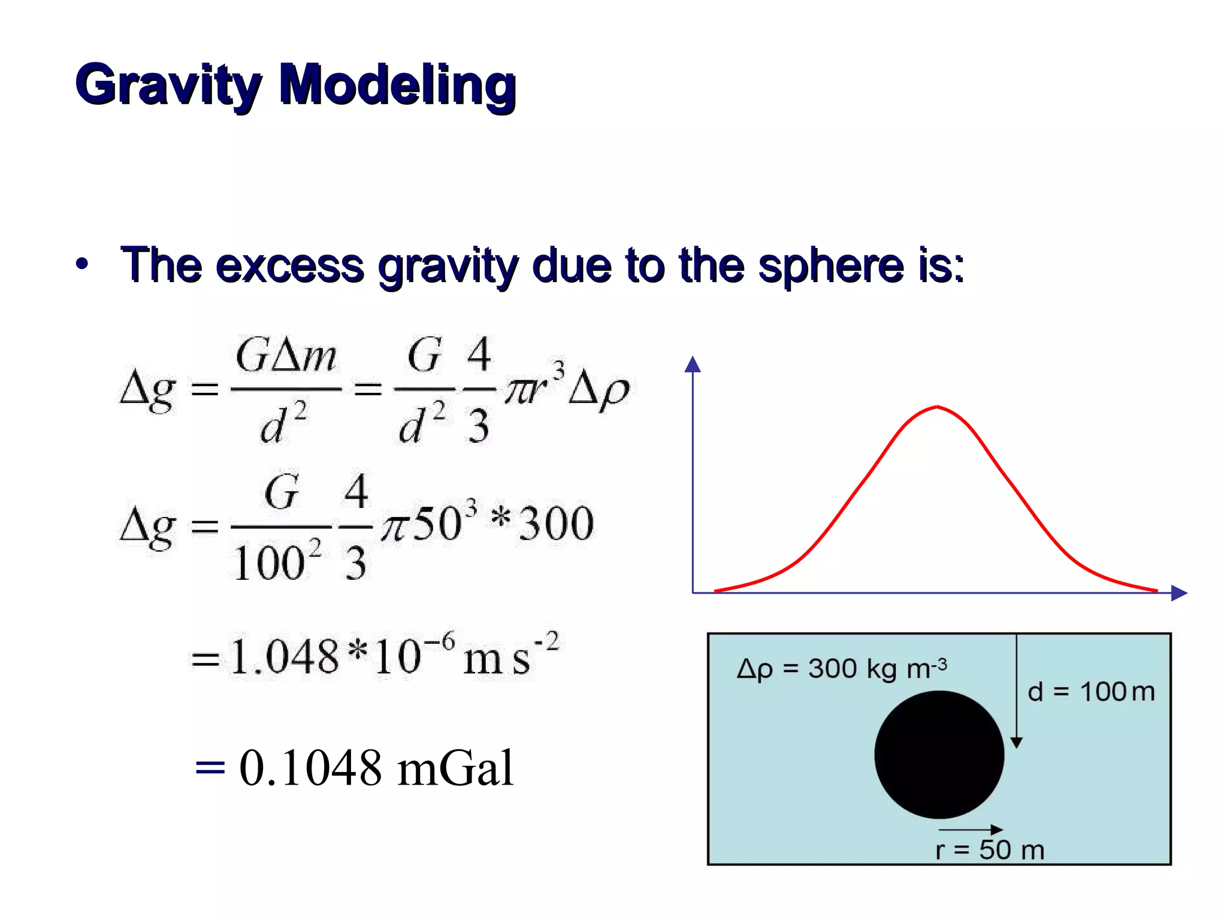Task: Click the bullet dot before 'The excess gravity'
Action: tap(82, 264)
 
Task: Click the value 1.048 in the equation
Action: tap(284, 657)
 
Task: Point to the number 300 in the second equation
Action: tap(556, 524)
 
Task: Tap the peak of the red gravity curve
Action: tap(937, 407)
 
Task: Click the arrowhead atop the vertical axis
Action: tap(693, 364)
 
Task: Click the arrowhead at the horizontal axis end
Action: tap(1178, 593)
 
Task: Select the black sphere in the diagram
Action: tap(939, 755)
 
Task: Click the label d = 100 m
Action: tap(1090, 692)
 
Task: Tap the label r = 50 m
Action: tap(990, 850)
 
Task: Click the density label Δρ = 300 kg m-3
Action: tap(842, 668)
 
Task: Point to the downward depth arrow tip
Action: tap(1016, 743)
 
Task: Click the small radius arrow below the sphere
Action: tap(971, 830)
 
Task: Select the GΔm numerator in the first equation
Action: tap(286, 356)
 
